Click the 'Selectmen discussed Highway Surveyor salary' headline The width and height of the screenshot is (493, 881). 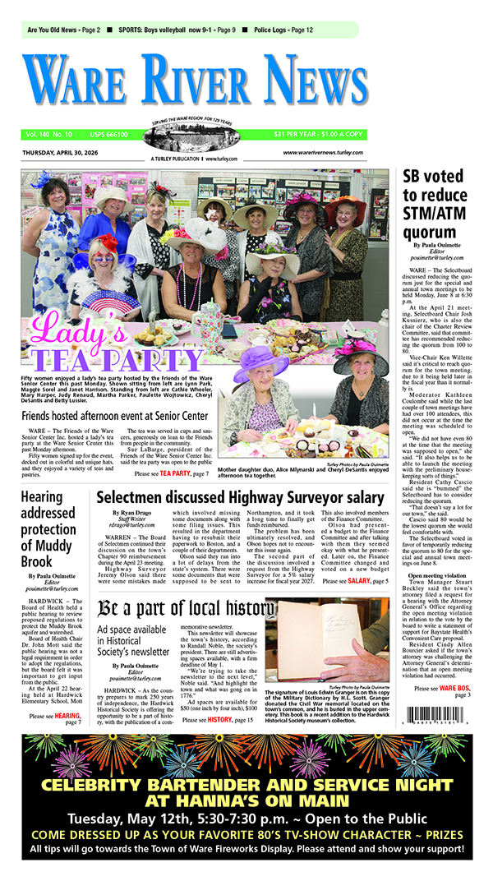tap(240, 497)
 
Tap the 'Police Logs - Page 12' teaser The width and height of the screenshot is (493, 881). tap(283, 30)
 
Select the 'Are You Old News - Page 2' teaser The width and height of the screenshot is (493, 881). tap(63, 30)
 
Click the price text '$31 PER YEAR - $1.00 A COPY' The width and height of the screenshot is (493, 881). tap(319, 134)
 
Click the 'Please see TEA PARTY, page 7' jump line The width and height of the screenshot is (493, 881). tap(171, 473)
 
